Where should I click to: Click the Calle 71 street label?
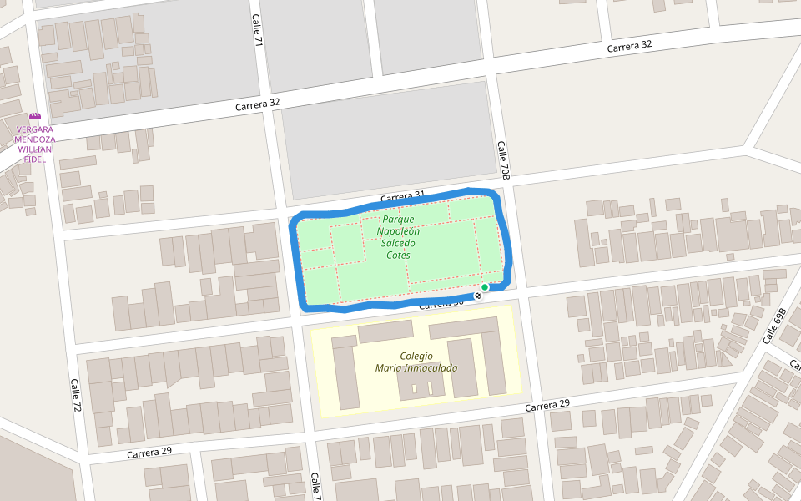[259, 30]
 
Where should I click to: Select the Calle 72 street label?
[76, 399]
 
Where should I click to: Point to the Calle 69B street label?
[774, 326]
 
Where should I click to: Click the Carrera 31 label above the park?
[403, 197]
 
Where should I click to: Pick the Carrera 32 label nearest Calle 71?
[257, 104]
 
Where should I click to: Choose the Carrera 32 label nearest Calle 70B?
[629, 47]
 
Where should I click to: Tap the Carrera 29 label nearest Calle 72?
[149, 452]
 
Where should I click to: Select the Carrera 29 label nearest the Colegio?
[547, 405]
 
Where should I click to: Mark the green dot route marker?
[485, 287]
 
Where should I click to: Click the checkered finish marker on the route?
[478, 296]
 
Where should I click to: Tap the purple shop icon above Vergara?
[34, 118]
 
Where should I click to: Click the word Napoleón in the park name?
[398, 231]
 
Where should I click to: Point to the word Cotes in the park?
[398, 255]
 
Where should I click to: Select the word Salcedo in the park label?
[398, 243]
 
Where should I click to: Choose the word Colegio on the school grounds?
[416, 356]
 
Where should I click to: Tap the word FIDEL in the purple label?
[34, 159]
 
